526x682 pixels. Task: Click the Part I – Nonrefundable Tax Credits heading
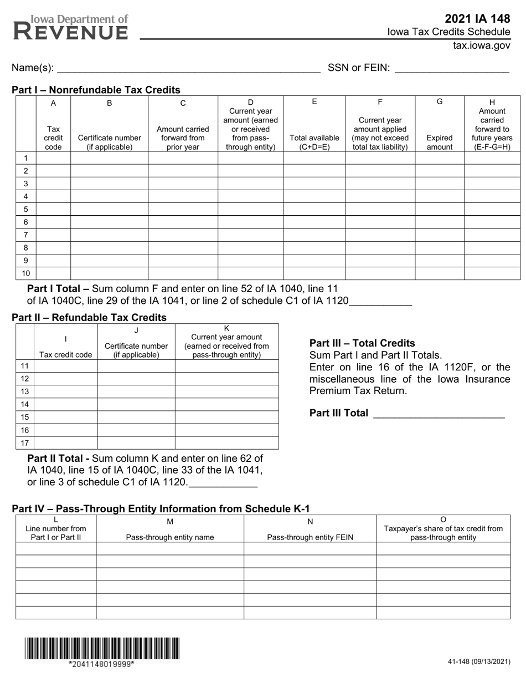coord(96,90)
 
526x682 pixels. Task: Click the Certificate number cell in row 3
coord(109,184)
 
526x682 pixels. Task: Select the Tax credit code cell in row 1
coord(53,158)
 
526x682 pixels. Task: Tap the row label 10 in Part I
coord(25,273)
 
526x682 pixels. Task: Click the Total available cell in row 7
coord(314,235)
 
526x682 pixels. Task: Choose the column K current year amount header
coord(226,342)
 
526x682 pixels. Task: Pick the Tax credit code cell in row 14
coord(65,404)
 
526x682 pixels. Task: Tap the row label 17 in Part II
coord(25,443)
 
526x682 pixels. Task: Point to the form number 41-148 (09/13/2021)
coord(479,661)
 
